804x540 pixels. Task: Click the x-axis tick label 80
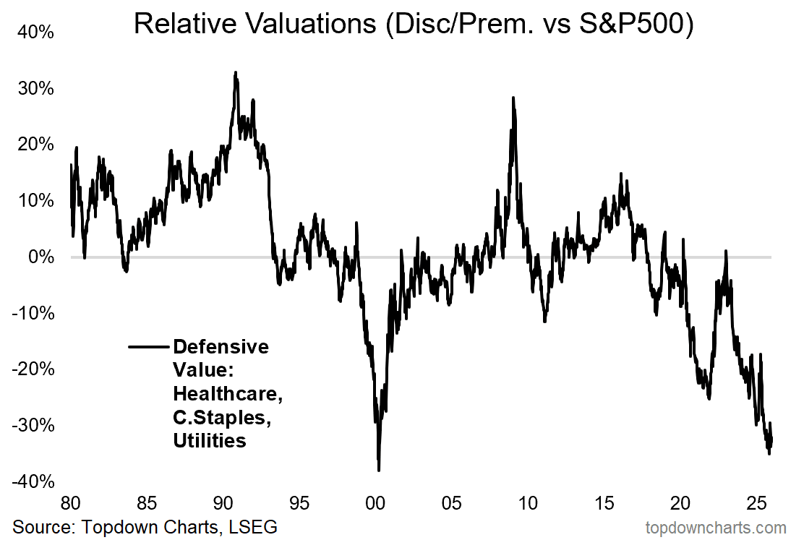[71, 502]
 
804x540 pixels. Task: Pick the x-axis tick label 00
[375, 502]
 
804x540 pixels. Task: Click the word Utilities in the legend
[210, 440]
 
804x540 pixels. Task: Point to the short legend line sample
[149, 348]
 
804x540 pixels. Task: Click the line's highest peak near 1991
[236, 72]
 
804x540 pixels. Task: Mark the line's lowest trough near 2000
[379, 470]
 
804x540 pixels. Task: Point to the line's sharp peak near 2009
[513, 98]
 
